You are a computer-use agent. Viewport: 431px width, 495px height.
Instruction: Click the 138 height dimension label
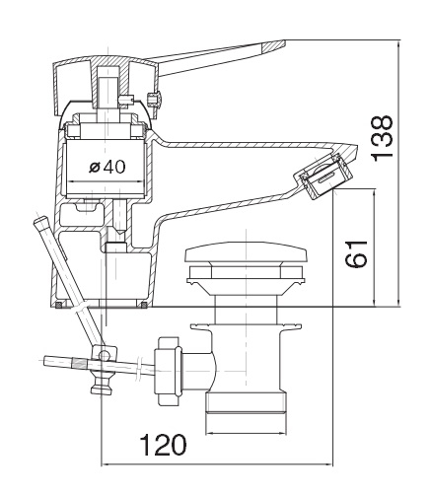[x=383, y=137]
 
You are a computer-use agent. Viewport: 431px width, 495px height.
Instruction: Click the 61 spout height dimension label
[x=356, y=253]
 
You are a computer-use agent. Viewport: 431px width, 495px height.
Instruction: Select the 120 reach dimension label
[x=163, y=445]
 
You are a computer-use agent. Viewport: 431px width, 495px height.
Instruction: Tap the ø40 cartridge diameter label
[x=107, y=167]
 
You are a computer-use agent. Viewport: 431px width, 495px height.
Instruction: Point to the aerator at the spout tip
[x=323, y=176]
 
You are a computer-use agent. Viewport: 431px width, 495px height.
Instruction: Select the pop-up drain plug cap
[x=246, y=251]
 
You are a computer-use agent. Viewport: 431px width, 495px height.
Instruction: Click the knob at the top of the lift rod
[x=40, y=220]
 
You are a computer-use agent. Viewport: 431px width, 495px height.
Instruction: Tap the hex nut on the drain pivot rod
[x=167, y=371]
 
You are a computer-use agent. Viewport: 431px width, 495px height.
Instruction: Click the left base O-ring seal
[x=58, y=305]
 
